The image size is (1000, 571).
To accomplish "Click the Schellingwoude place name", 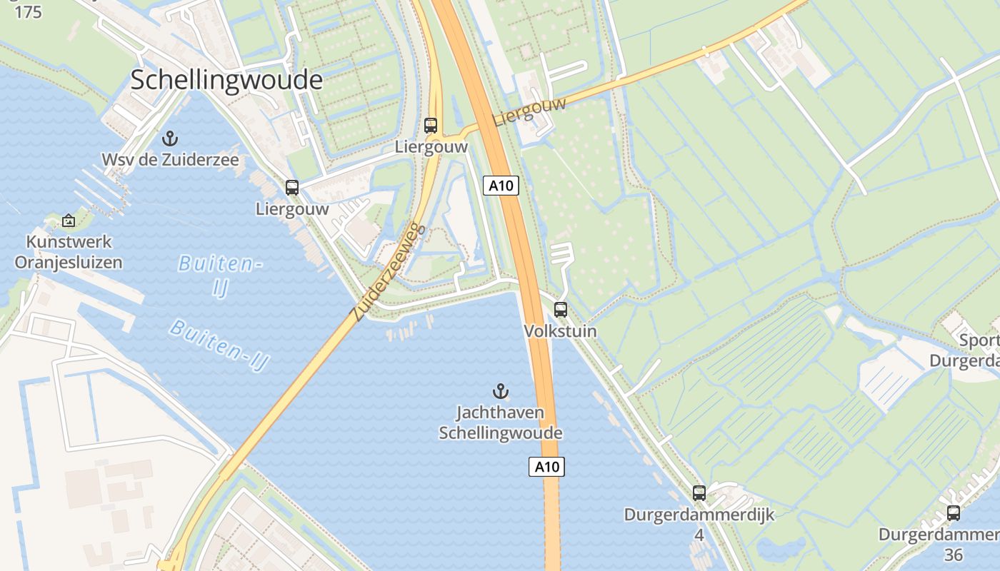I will pos(226,80).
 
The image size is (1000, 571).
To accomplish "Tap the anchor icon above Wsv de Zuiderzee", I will pos(170,138).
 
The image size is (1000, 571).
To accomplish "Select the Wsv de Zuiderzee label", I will pos(170,159).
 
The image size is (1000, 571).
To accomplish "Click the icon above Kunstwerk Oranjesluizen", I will pos(69,221).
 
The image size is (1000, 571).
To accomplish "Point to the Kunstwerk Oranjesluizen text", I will pos(69,251).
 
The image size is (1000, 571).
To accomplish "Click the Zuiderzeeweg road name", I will pos(389,272).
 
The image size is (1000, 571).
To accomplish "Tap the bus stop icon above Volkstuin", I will pos(561,310).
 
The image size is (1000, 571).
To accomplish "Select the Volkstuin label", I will pos(561,331).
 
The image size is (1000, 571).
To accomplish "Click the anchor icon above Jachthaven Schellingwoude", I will pos(501,391).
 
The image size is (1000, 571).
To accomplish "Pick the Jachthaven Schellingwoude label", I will pos(501,423).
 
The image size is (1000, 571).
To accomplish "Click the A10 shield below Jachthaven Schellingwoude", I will pos(547,467).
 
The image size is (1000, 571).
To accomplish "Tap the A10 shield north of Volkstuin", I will pos(501,186).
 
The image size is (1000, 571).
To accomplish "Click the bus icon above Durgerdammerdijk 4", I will pos(699,492).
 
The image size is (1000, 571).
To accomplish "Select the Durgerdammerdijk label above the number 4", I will pos(699,515).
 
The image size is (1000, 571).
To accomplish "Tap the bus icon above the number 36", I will pos(954,512).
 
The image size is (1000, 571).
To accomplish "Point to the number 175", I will pos(27,12).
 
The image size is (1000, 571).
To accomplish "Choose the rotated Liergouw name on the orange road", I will pos(529,112).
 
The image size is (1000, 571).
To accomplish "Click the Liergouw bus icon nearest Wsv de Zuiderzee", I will pos(292,188).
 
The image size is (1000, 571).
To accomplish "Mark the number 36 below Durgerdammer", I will pos(954,555).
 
